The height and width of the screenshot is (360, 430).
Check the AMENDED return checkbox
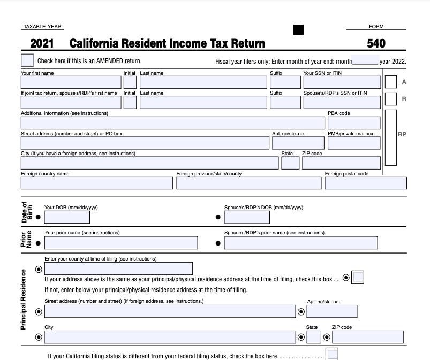pos(27,60)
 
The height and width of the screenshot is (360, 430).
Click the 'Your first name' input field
pos(71,82)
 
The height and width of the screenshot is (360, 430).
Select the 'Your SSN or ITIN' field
pos(342,82)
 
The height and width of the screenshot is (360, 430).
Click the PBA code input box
pos(354,123)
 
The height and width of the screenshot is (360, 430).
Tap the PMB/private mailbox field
pos(354,143)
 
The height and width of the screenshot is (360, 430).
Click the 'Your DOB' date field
pos(67,217)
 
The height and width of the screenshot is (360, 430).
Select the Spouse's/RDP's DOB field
pos(247,217)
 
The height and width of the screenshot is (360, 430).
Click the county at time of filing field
pos(118,269)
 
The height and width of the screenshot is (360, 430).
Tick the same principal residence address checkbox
pos(358,277)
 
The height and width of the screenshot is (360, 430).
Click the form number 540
pos(376,43)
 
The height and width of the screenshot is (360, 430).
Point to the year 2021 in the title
pos(41,43)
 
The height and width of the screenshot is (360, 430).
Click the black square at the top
pos(298,30)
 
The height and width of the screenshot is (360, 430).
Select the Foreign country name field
pos(97,183)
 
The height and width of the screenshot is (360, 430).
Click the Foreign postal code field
pos(366,183)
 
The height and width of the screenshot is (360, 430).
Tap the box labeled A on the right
pos(391,82)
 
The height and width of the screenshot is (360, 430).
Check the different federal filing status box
pos(333,354)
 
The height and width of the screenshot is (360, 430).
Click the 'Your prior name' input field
pos(121,243)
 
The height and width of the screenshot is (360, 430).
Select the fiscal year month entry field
pos(366,60)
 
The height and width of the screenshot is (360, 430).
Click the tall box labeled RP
pos(391,137)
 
